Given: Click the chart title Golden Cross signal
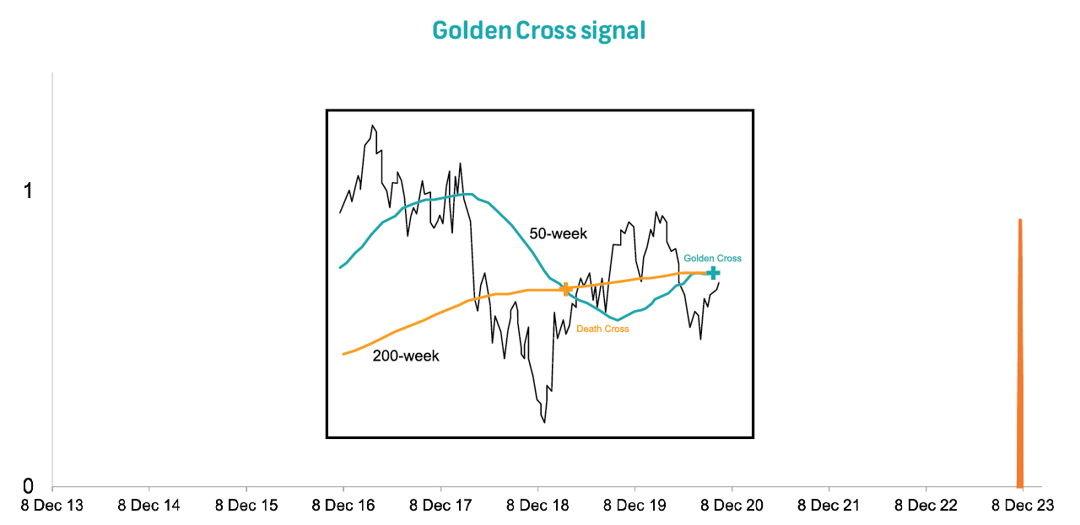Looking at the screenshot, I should click(x=538, y=31).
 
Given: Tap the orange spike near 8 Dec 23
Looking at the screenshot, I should click(x=1020, y=354).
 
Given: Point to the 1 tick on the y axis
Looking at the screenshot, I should click(x=28, y=191).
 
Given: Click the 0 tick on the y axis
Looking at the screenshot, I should click(x=28, y=486).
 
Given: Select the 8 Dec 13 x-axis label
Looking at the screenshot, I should click(x=52, y=506).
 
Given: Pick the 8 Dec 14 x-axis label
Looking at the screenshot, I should click(x=149, y=506).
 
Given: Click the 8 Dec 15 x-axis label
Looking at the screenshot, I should click(x=246, y=506).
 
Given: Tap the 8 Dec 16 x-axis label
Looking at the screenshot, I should click(x=343, y=506).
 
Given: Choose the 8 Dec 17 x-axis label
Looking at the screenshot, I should click(x=440, y=506).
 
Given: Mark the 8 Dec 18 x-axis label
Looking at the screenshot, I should click(x=537, y=506).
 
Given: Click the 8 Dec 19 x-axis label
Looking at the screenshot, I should click(x=634, y=506).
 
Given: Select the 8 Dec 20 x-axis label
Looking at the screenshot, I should click(x=732, y=506).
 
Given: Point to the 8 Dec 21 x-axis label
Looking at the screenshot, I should click(x=829, y=506).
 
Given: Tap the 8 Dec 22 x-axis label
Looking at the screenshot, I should click(x=926, y=506).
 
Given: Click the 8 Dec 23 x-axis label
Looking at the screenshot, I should click(x=1023, y=506).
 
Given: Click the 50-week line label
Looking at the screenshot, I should click(x=558, y=233).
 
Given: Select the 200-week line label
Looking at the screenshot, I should click(x=406, y=356).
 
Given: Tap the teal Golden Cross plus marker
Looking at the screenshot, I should click(x=713, y=272).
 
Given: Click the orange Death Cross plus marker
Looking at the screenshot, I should click(x=566, y=289).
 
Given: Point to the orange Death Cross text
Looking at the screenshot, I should click(x=602, y=329).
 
